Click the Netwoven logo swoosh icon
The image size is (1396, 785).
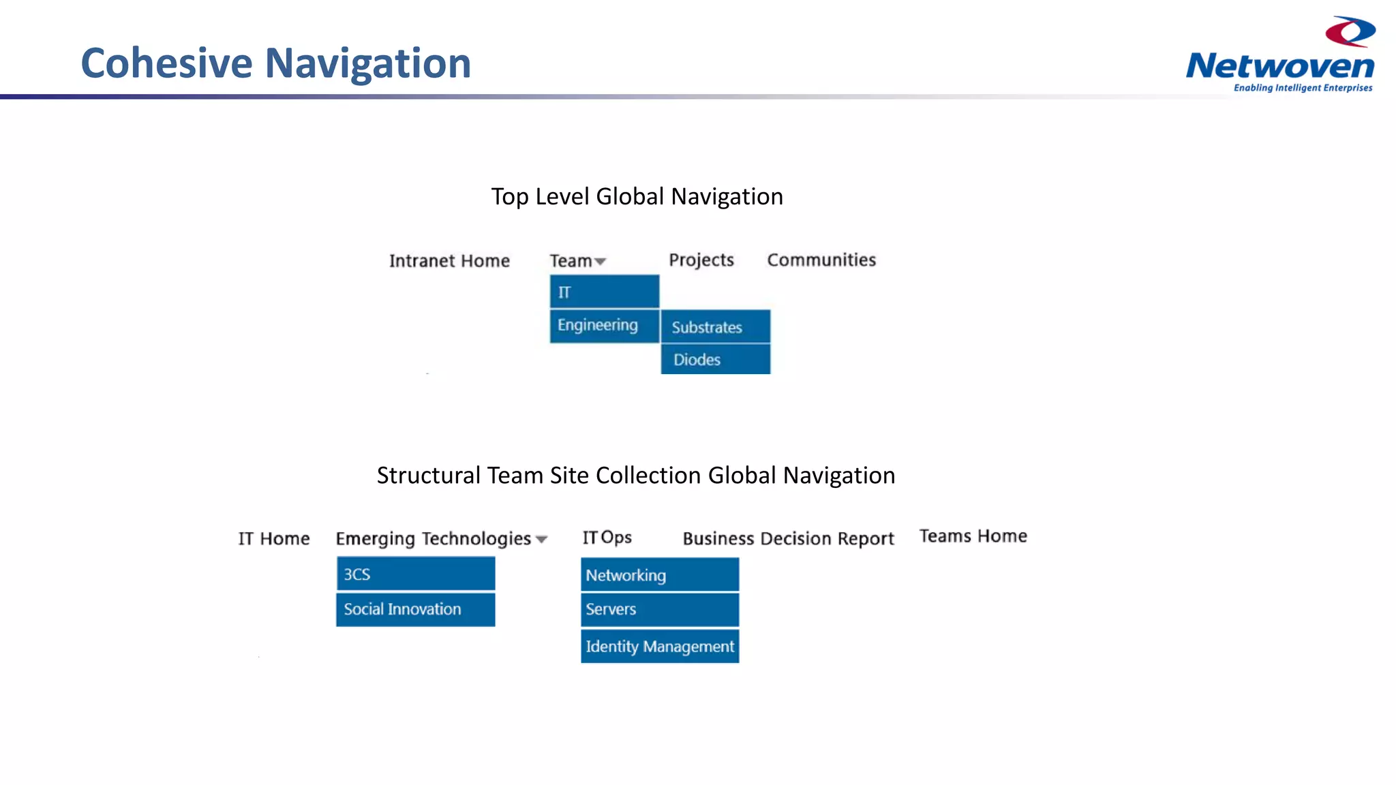1350,32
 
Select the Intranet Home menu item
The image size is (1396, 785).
449,261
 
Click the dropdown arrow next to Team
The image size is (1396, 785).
601,262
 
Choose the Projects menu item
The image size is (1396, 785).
701,260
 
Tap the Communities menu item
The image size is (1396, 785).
821,260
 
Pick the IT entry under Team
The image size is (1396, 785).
604,292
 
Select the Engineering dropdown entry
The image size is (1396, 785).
604,326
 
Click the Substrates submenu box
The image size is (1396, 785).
715,327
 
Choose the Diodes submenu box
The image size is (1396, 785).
715,359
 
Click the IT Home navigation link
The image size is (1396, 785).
274,539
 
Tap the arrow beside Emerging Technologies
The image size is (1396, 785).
542,540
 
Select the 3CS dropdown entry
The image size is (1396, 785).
415,574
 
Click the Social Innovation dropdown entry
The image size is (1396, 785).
415,609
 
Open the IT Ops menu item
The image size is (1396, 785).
607,538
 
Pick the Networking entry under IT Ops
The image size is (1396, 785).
659,575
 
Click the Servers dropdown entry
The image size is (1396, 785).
659,609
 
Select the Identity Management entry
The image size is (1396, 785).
659,646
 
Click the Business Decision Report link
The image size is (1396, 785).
788,539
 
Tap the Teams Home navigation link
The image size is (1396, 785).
973,536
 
